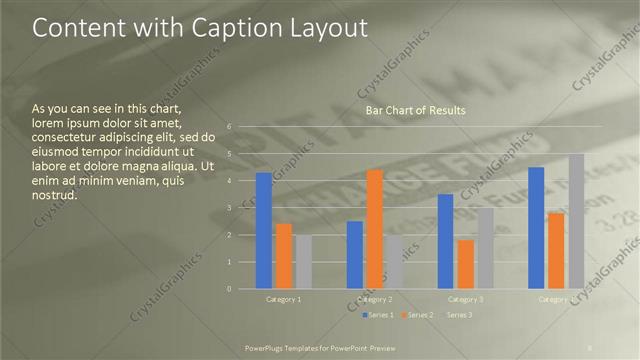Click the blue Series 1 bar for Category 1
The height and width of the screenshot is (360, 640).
pos(264,231)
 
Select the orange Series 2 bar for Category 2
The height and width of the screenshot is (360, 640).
pos(375,229)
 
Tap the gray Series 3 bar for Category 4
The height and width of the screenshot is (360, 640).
pos(577,221)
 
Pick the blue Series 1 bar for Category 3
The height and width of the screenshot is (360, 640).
pos(445,241)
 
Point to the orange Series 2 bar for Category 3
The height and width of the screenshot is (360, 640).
pos(466,264)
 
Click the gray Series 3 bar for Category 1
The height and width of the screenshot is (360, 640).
pos(304,262)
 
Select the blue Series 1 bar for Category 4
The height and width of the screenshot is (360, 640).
pos(536,228)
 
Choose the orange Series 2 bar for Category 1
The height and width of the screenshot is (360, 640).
pos(284,256)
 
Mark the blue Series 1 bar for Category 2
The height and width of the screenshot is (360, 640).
pos(355,255)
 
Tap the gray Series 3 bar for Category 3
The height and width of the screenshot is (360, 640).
pos(486,248)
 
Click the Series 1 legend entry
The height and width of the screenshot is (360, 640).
pos(379,315)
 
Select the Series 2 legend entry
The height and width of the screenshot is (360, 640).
pos(419,315)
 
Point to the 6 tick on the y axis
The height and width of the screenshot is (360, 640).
pos(229,127)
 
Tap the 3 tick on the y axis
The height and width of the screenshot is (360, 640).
pos(229,208)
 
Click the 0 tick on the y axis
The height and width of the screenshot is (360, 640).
pos(229,289)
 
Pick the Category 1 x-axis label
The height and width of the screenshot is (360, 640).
pos(284,299)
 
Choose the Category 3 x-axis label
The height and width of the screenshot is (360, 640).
pos(466,299)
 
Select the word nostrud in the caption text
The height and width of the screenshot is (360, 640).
pos(54,195)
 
